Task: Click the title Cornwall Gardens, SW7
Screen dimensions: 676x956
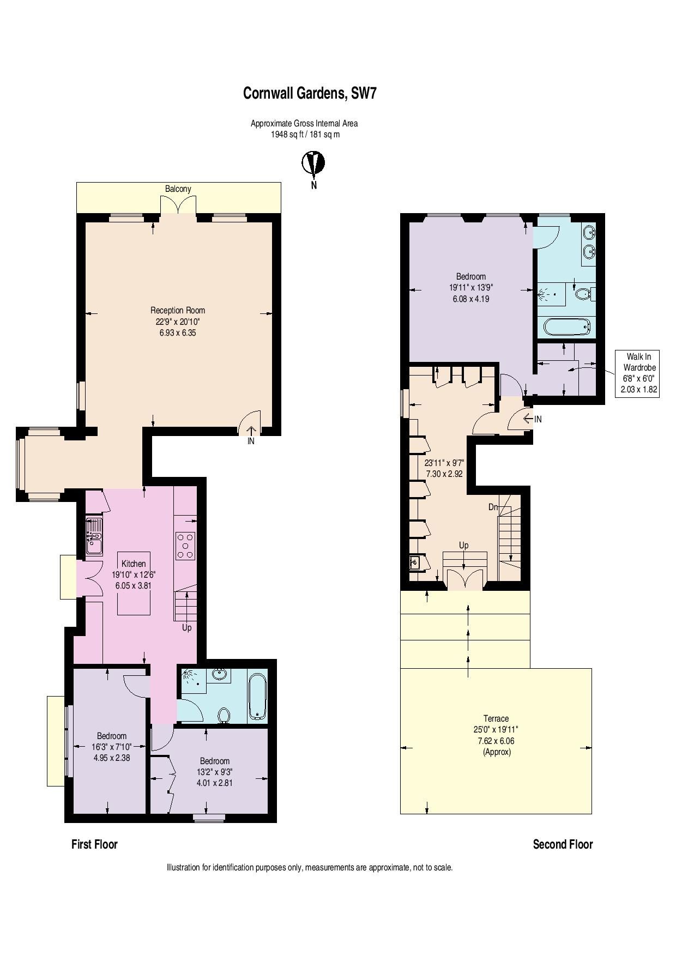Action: click(310, 94)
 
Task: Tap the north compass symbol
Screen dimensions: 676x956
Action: click(313, 163)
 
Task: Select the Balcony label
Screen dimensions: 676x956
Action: click(178, 189)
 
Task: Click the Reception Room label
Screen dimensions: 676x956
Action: click(178, 311)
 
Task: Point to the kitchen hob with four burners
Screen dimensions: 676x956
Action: click(185, 545)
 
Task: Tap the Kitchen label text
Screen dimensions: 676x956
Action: click(134, 564)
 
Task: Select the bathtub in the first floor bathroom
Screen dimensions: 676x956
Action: click(257, 697)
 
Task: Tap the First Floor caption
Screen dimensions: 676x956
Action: click(94, 844)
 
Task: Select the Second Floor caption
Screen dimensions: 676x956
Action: click(563, 844)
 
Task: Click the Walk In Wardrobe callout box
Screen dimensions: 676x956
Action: click(637, 373)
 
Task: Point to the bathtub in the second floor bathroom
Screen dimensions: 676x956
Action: click(567, 327)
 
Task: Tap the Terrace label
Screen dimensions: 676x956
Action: click(496, 718)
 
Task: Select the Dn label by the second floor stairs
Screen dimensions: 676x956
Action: click(493, 507)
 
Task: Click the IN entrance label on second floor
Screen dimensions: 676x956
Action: click(538, 419)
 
